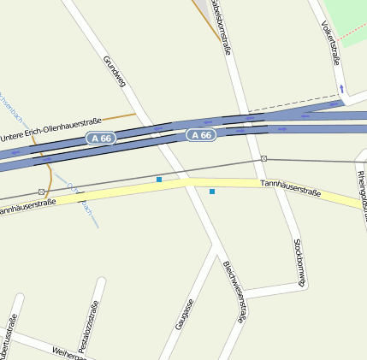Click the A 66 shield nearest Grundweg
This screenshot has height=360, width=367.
[x=99, y=138]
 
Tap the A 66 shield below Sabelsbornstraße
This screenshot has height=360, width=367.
[x=200, y=135]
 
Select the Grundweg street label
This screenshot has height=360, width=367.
[x=115, y=72]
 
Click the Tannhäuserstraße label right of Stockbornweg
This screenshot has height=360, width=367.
[x=290, y=188]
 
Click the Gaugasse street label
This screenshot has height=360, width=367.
[x=185, y=314]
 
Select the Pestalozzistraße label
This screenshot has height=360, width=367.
[x=89, y=328]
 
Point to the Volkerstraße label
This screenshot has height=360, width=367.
[x=330, y=43]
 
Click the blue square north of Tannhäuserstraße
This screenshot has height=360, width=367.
[x=158, y=180]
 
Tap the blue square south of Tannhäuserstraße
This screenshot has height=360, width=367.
[x=212, y=192]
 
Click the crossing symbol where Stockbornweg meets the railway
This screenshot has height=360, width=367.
[x=263, y=159]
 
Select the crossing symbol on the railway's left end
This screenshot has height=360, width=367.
[x=41, y=192]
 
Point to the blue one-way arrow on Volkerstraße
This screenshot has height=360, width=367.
[x=340, y=88]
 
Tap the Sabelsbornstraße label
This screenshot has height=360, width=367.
[x=221, y=26]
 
